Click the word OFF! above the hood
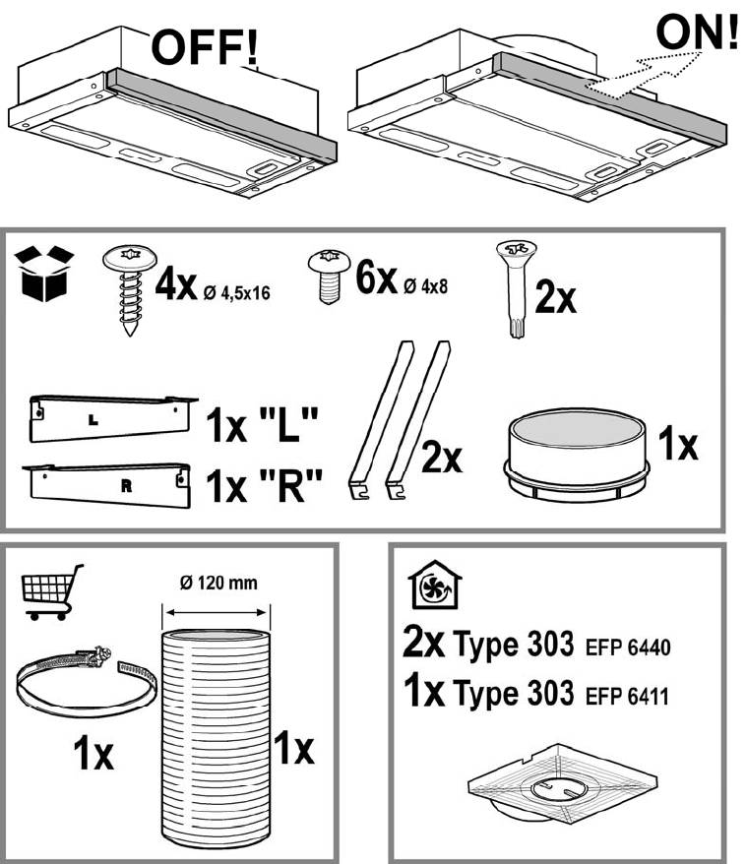(205, 48)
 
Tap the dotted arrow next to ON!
(643, 75)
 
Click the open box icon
(44, 274)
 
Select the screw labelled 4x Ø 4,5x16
(130, 289)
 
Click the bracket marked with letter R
(107, 485)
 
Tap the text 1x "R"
(264, 485)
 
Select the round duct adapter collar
(577, 456)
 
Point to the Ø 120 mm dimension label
(218, 583)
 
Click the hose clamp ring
(87, 682)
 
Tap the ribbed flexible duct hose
(216, 738)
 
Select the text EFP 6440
(628, 648)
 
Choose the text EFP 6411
(627, 697)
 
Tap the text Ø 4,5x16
(237, 292)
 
